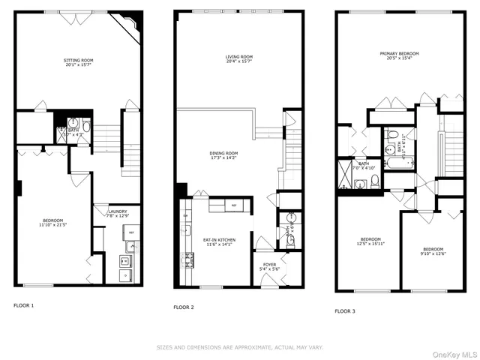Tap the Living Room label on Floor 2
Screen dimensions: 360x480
241,57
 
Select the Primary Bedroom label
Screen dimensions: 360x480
399,53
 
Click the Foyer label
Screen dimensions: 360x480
268,264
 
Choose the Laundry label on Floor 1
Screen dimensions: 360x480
118,212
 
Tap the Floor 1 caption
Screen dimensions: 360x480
24,305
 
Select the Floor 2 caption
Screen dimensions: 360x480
184,307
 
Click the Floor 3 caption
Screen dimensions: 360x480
345,310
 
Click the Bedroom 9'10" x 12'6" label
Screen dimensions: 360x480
433,251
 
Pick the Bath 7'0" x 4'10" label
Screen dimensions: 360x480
364,166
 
